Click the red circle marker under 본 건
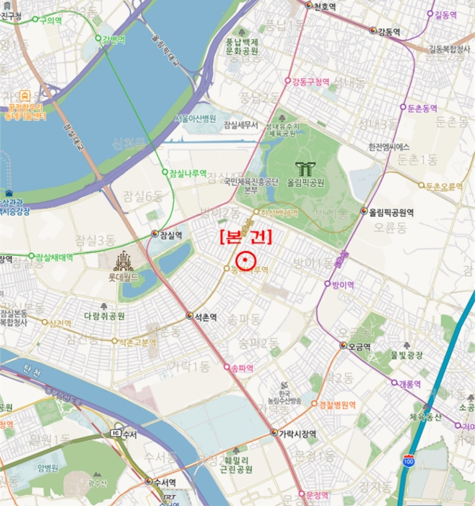247,260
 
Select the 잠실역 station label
170,234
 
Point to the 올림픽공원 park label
306,183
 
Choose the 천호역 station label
328,7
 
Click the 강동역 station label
389,31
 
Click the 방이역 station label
342,285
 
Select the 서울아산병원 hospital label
195,119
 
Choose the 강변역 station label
113,38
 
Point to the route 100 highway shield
409,460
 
